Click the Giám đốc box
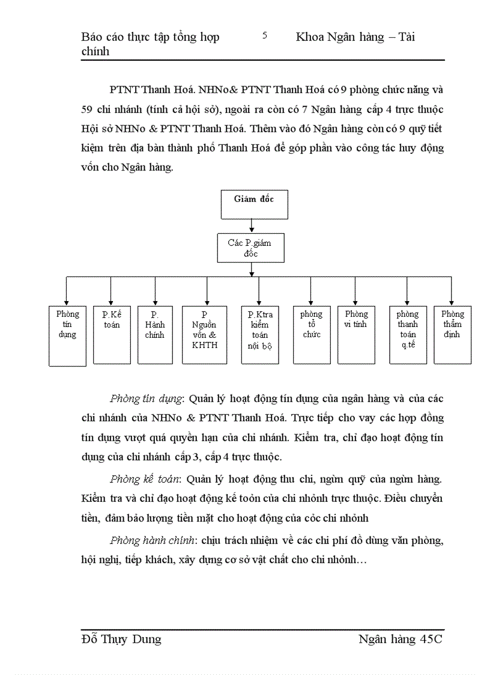click(x=254, y=204)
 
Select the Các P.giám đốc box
click(x=250, y=248)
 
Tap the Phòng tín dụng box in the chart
click(x=67, y=335)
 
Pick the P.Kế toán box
click(x=112, y=334)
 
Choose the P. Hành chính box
click(x=155, y=334)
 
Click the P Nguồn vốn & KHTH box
click(x=205, y=334)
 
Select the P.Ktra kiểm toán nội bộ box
click(x=260, y=334)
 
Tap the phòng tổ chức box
click(x=312, y=334)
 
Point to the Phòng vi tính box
click(x=356, y=334)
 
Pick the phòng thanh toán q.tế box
click(x=408, y=334)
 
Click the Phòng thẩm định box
click(x=452, y=334)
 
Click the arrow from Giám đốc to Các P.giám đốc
click(x=252, y=226)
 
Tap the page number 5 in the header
click(x=265, y=35)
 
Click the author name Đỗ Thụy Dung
click(x=121, y=639)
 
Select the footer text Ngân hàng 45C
click(x=400, y=639)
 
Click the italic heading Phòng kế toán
click(x=145, y=479)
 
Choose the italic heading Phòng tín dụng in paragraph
click(x=147, y=399)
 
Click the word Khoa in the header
click(x=310, y=37)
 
